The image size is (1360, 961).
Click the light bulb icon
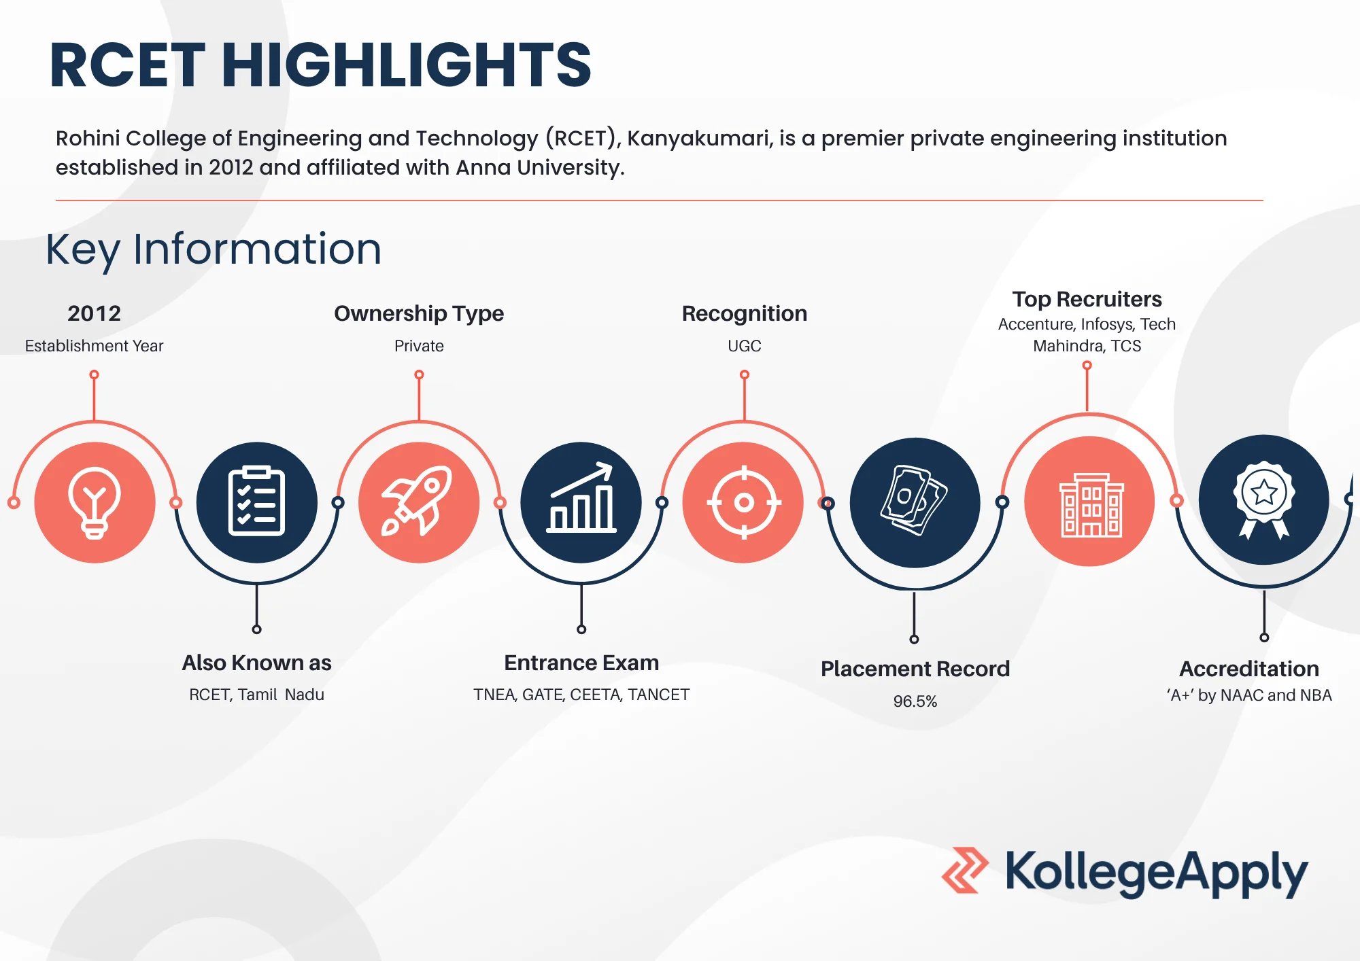tap(95, 503)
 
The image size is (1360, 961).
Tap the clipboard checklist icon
tap(256, 502)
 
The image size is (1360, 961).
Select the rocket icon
tap(418, 502)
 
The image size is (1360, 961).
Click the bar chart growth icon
tap(581, 497)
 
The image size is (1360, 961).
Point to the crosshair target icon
tap(744, 503)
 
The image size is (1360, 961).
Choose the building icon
tap(1091, 505)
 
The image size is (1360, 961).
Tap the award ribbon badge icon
tap(1263, 500)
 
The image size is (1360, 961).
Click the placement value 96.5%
tap(915, 701)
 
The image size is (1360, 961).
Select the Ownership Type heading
tap(419, 313)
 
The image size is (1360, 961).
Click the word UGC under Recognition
tap(745, 346)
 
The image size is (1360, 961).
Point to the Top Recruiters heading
tap(1087, 299)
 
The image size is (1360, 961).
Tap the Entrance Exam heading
tap(581, 663)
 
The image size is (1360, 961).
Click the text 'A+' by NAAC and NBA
tap(1249, 695)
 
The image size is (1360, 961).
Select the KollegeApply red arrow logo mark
tap(965, 871)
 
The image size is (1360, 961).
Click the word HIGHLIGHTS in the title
tap(406, 65)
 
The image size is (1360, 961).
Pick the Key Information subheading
tap(214, 249)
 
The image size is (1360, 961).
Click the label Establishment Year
tap(94, 346)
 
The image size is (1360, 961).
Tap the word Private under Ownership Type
tap(419, 346)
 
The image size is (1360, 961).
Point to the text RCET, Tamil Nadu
tap(256, 695)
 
